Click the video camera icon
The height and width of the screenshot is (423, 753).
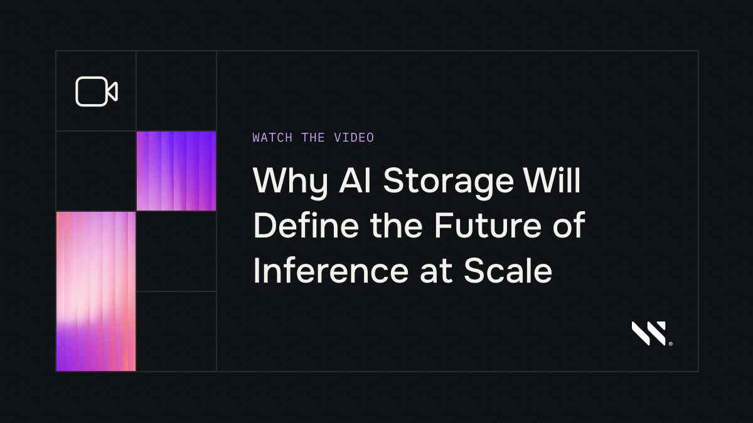(96, 91)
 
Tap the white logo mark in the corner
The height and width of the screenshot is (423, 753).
(649, 333)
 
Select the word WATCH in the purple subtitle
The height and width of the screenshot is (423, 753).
(272, 138)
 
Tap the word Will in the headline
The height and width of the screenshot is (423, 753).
(552, 181)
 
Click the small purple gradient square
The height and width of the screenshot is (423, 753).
(176, 171)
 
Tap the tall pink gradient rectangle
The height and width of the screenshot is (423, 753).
(96, 291)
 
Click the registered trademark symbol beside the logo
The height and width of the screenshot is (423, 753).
(671, 343)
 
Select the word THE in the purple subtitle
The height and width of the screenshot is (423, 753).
(312, 138)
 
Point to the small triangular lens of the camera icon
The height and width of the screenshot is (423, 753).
(112, 91)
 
